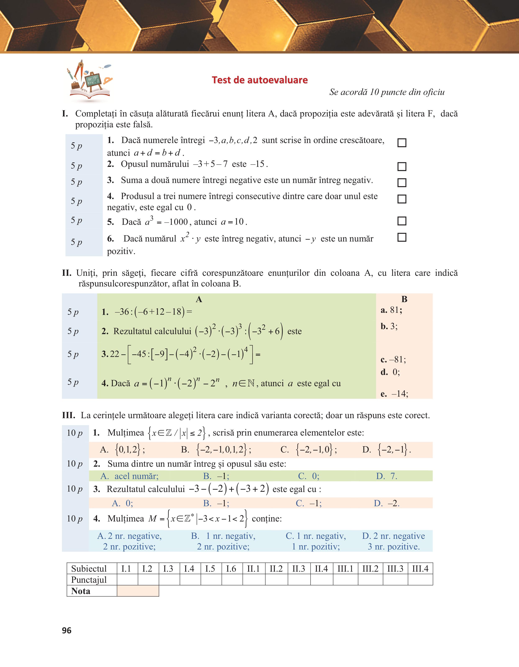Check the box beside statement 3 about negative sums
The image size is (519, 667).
coord(402,183)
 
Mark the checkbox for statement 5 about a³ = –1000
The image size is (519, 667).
coord(402,221)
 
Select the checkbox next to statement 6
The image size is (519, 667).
coord(402,237)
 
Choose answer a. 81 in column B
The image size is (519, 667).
coord(391,310)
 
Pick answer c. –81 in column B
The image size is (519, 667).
coord(393,359)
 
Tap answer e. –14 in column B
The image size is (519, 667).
coord(394,394)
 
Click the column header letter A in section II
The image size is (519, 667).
coord(199,299)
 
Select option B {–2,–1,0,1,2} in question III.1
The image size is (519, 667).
coord(216,450)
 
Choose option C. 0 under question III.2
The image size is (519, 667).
coord(309,476)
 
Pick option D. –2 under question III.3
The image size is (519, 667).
coord(386,503)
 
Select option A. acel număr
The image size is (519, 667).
coord(129,476)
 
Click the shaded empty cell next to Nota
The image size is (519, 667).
coord(138,591)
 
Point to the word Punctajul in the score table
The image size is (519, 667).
coord(89,580)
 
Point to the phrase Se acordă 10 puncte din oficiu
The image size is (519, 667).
coord(387,92)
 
